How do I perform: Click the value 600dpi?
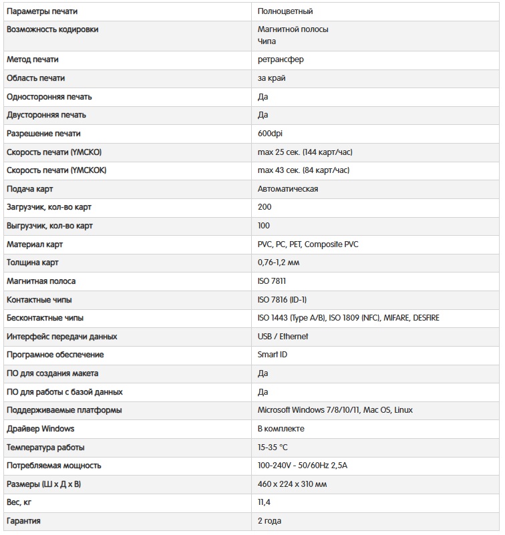tap(270, 134)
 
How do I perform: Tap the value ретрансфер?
tap(281, 59)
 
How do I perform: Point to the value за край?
tap(272, 78)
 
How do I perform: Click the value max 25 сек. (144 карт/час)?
tap(305, 152)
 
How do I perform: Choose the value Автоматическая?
tap(287, 189)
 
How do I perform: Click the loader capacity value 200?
tap(265, 207)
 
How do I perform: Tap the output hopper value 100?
tap(264, 226)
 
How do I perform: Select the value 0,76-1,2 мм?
tap(279, 262)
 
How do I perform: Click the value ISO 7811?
tap(272, 281)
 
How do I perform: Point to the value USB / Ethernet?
tap(283, 337)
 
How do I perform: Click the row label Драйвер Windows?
tap(40, 428)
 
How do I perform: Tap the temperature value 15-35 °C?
tap(273, 447)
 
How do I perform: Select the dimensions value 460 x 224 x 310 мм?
tap(292, 484)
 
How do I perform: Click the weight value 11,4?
tap(264, 502)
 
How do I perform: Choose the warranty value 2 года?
tap(269, 520)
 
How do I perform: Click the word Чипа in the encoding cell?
tap(267, 41)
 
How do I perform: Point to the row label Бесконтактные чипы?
tap(45, 318)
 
